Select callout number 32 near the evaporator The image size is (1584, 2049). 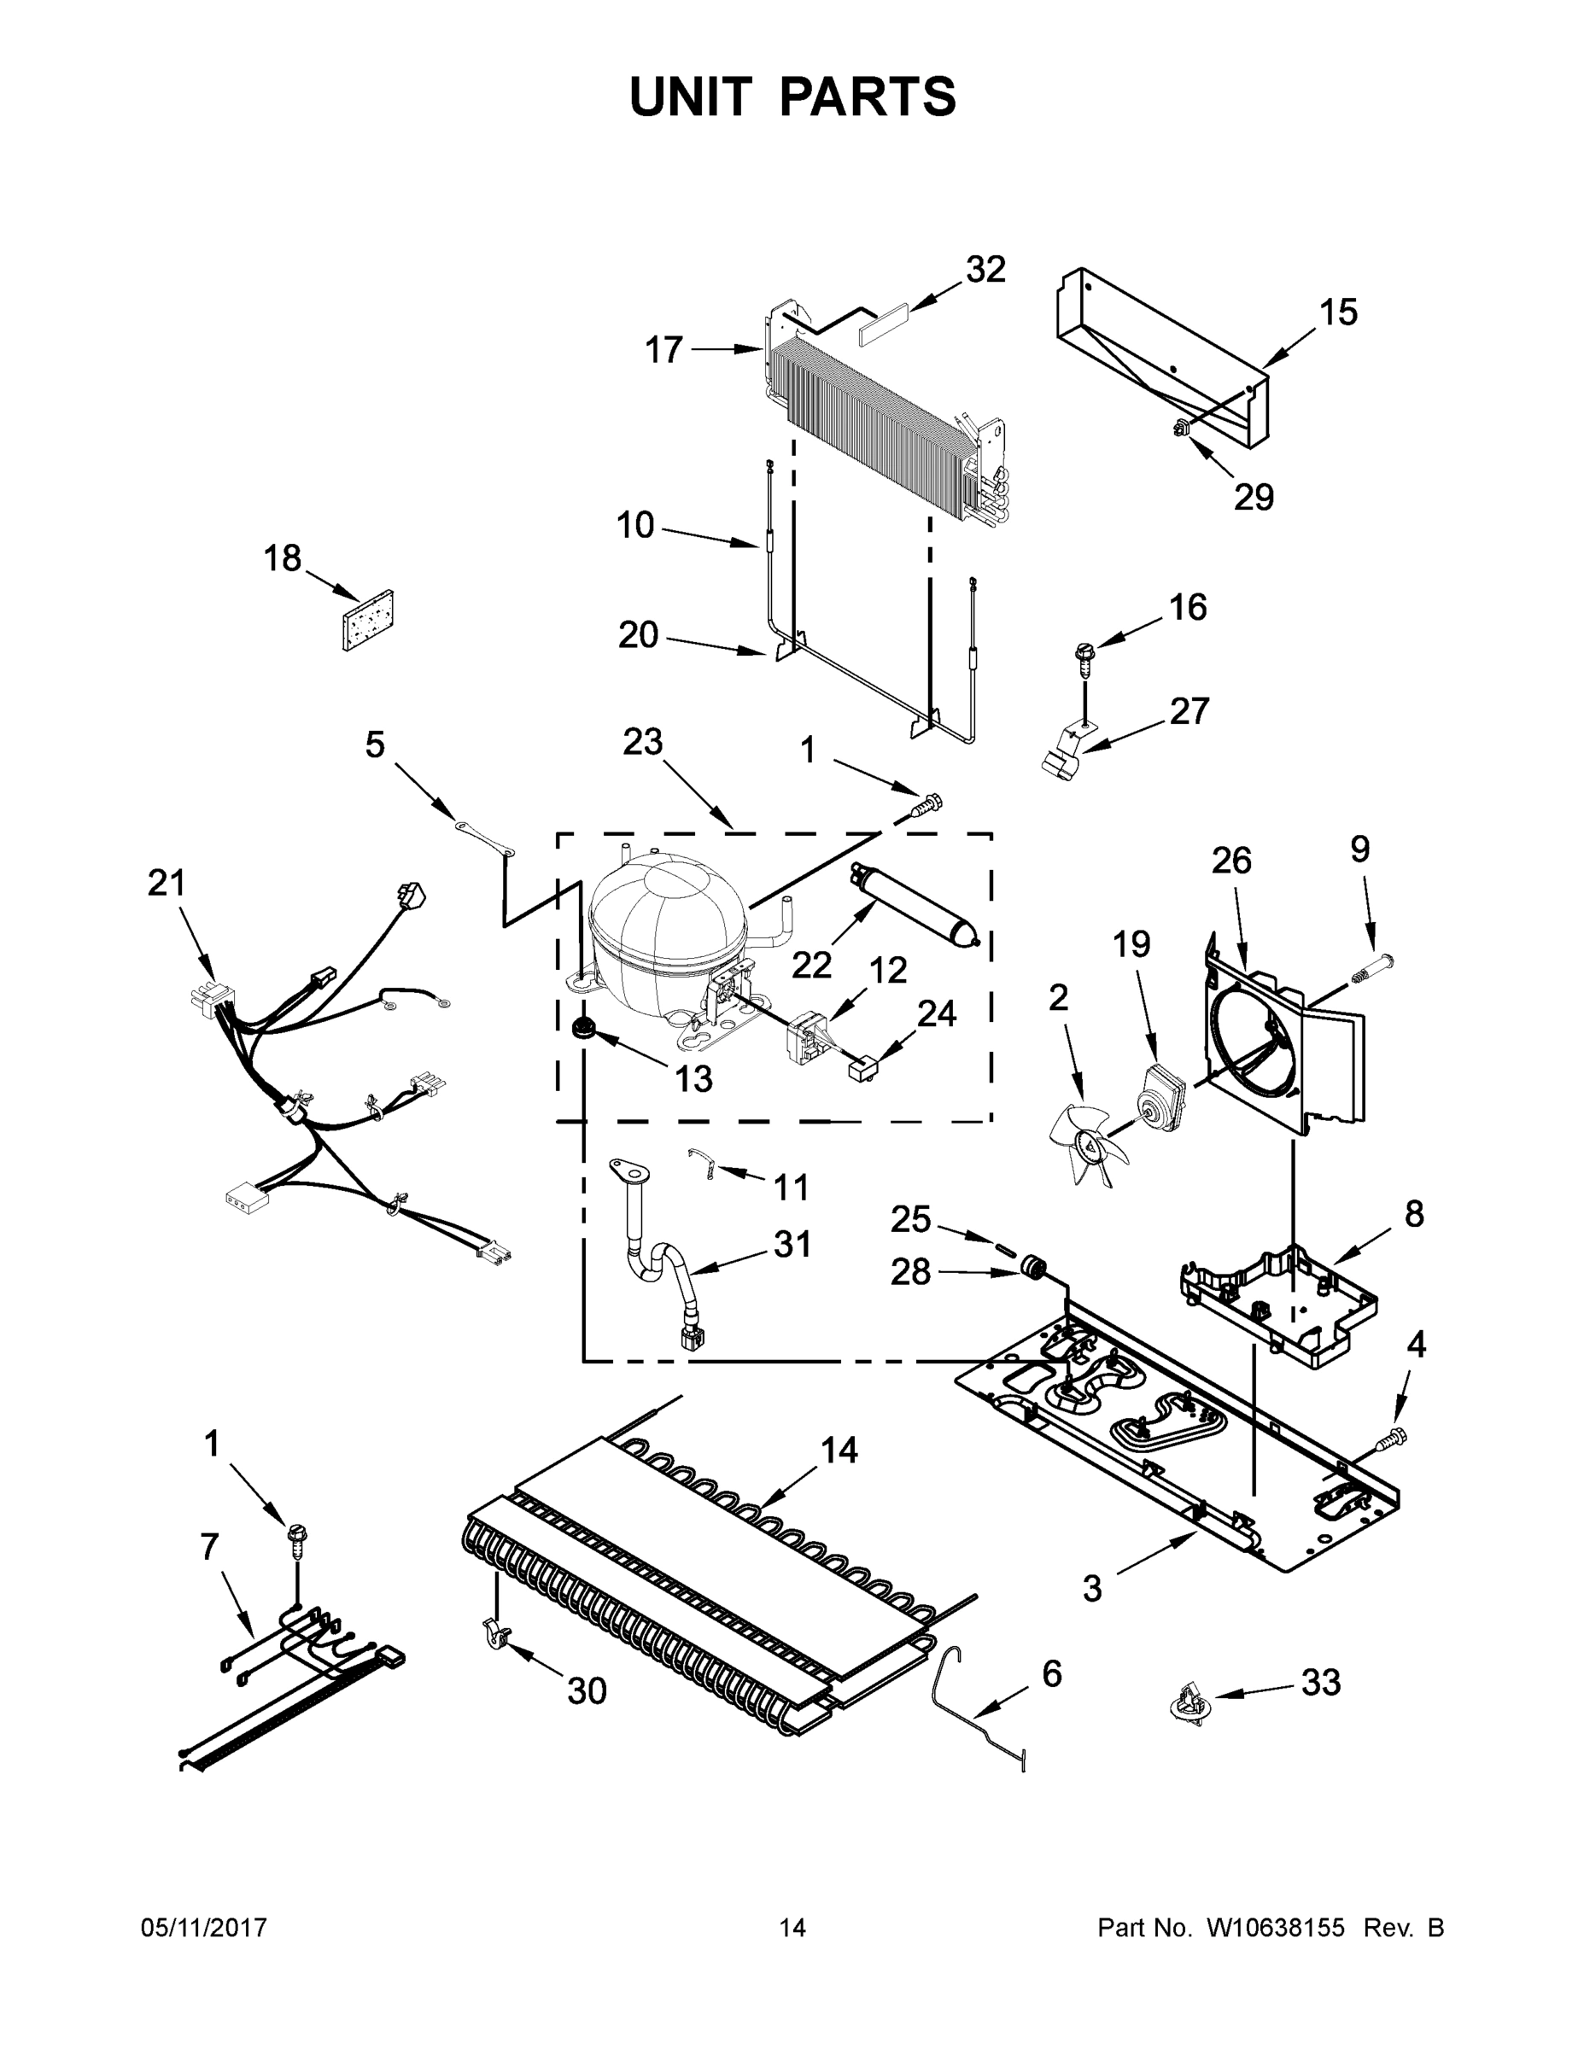pos(985,269)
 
